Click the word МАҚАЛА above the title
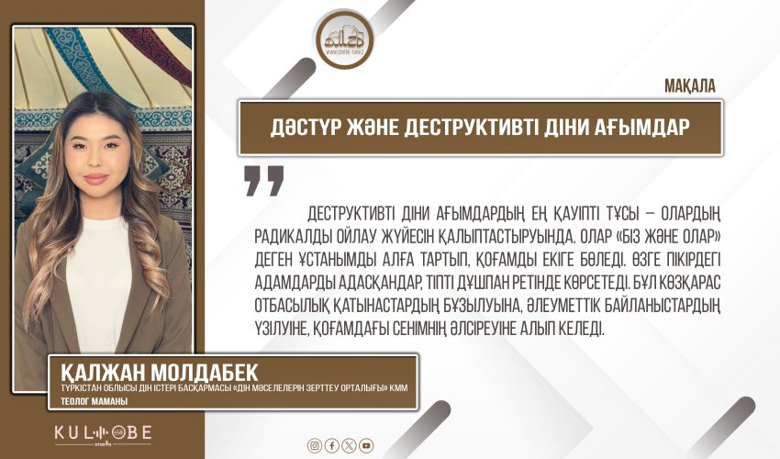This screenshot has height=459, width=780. [x=688, y=85]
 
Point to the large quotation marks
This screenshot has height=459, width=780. [x=264, y=181]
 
